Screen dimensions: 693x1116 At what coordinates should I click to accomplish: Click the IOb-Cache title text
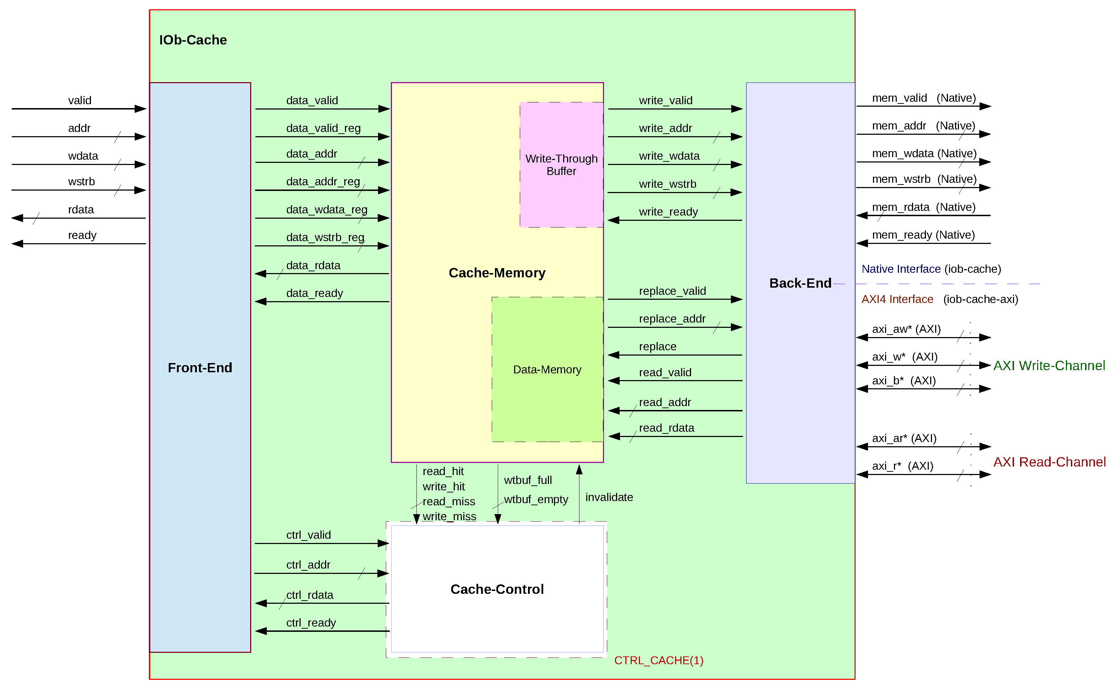(193, 40)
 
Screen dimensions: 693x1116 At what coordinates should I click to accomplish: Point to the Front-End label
(200, 368)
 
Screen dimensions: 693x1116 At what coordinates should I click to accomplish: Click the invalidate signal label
(609, 497)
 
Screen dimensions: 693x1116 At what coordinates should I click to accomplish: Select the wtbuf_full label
(528, 480)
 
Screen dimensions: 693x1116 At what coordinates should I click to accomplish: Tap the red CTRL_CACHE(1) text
(658, 660)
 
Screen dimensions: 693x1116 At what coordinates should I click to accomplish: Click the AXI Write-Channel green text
(1049, 366)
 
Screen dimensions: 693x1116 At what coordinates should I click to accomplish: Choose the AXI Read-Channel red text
(1049, 462)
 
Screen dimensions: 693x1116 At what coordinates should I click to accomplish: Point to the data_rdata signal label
(313, 265)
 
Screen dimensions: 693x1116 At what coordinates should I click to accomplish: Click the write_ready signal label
(668, 212)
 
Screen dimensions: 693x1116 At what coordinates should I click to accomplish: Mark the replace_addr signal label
(672, 319)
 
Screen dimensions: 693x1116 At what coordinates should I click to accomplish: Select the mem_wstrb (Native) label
(924, 179)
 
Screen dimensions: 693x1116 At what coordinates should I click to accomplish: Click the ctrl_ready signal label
(311, 623)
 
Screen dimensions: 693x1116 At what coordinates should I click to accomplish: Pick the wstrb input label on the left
(81, 181)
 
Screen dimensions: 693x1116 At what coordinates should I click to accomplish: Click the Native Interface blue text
(900, 269)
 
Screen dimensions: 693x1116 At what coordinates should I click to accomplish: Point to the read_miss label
(448, 501)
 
